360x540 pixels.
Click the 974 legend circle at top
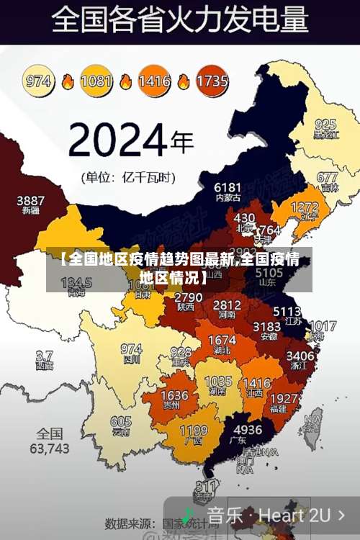click(x=39, y=81)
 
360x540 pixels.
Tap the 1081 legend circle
click(x=96, y=81)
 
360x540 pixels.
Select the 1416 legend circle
click(x=153, y=81)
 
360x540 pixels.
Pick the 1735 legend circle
click(x=212, y=81)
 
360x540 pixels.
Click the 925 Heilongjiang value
click(x=325, y=124)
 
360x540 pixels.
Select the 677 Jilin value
click(x=327, y=177)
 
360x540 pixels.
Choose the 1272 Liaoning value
click(x=305, y=207)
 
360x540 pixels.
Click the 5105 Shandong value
click(x=269, y=273)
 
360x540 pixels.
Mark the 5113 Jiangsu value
click(x=287, y=312)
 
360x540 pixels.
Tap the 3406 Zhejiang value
click(x=300, y=355)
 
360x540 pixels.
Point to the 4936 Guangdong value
click(x=248, y=430)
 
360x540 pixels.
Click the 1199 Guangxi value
click(x=193, y=431)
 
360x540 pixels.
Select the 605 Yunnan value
click(x=121, y=422)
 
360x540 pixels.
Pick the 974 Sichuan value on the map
click(x=131, y=348)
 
